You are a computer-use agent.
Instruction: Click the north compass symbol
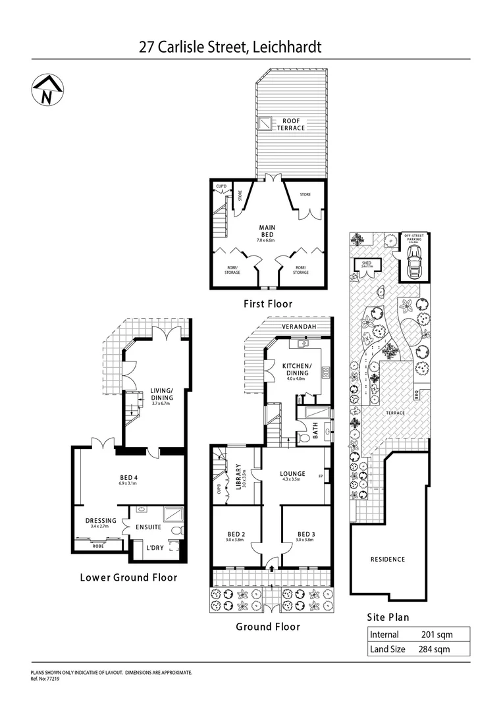tap(46, 91)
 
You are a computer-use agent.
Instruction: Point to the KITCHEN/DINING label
tap(297, 369)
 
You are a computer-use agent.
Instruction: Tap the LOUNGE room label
tap(292, 473)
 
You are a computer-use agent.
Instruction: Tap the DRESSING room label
tap(101, 521)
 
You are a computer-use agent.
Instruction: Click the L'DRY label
tap(155, 548)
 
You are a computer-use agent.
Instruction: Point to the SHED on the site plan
tap(366, 265)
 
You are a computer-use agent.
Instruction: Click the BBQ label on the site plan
tap(416, 394)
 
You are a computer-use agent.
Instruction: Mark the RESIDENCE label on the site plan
tap(387, 559)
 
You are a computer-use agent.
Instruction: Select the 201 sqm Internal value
tap(435, 635)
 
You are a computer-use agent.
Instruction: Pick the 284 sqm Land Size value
tap(434, 648)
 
